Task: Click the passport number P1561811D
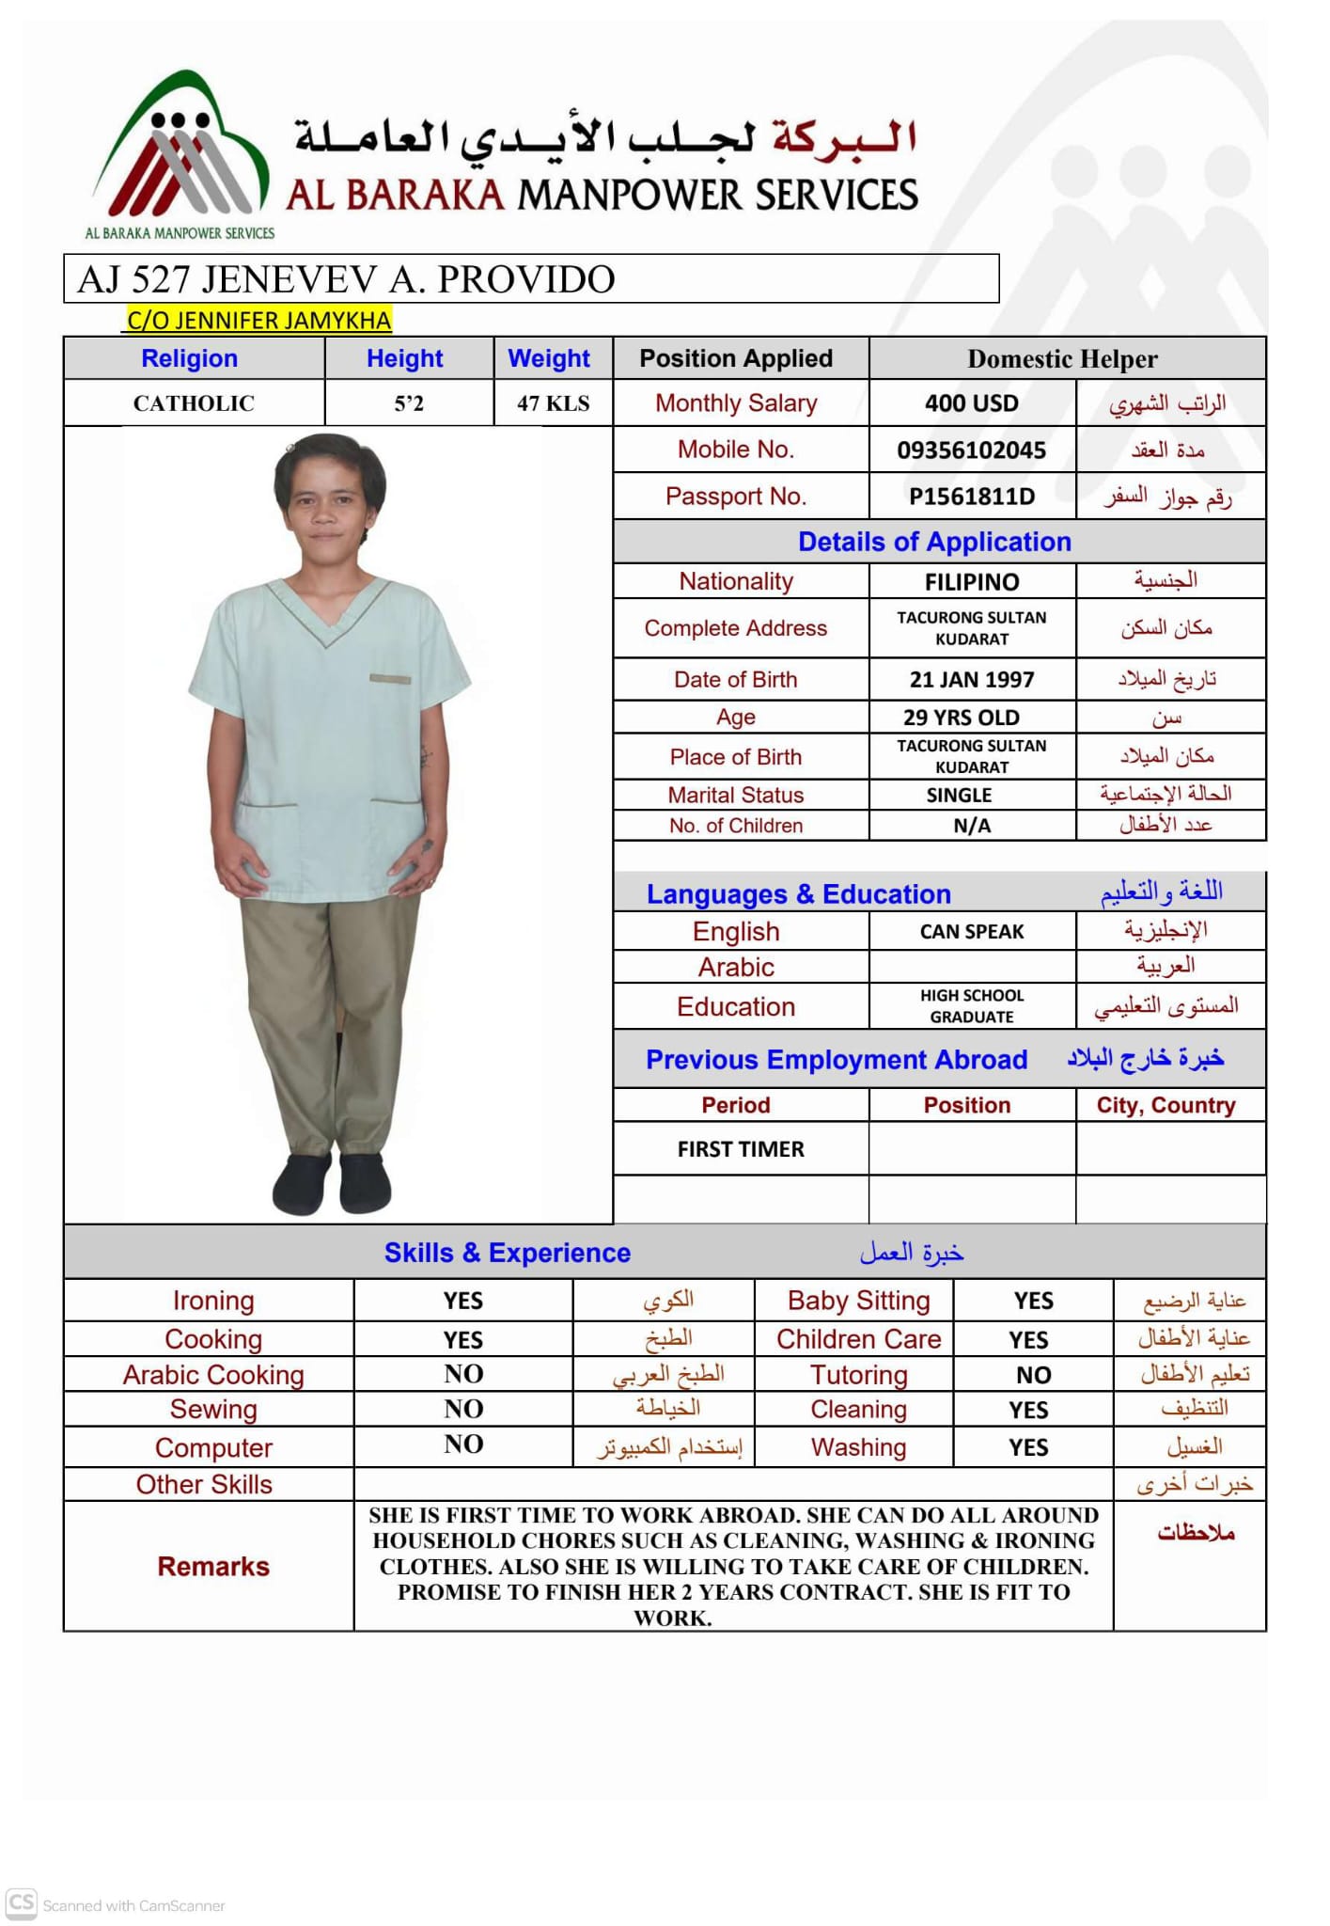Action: pos(971,497)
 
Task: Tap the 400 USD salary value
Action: pos(971,403)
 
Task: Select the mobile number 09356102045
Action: pos(971,450)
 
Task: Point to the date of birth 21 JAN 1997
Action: pos(971,679)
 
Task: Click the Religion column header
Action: pos(189,358)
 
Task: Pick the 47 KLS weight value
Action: pos(553,403)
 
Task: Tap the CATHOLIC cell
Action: pos(194,403)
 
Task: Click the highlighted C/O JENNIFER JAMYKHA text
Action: pos(258,321)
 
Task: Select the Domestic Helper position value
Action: pos(1062,359)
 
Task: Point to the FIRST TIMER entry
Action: pos(741,1149)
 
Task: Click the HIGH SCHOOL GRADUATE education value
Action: pos(971,1006)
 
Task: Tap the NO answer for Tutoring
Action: pos(1033,1375)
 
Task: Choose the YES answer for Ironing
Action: pos(462,1301)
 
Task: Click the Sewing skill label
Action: pos(213,1409)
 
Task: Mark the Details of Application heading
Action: pos(934,542)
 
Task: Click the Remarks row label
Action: pos(213,1566)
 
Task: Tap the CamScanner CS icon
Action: pos(22,1902)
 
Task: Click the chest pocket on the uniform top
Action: pos(390,679)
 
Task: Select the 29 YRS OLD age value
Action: pos(961,718)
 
